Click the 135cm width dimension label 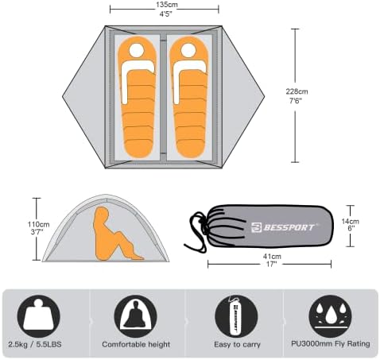[166, 9]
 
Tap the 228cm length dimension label [297, 96]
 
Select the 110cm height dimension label [38, 228]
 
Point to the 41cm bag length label [272, 260]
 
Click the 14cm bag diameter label [351, 225]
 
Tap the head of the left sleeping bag [137, 50]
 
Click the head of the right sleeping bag [188, 50]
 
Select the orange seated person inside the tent [114, 234]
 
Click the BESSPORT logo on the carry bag [283, 227]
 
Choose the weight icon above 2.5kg [39, 316]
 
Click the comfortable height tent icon [135, 316]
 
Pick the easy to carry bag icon [236, 316]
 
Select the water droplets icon [331, 316]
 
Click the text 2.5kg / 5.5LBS [35, 344]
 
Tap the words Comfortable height [136, 344]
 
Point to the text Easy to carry [238, 344]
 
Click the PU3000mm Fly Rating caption [331, 344]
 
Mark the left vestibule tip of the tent [63, 97]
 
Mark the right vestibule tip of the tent [264, 97]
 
